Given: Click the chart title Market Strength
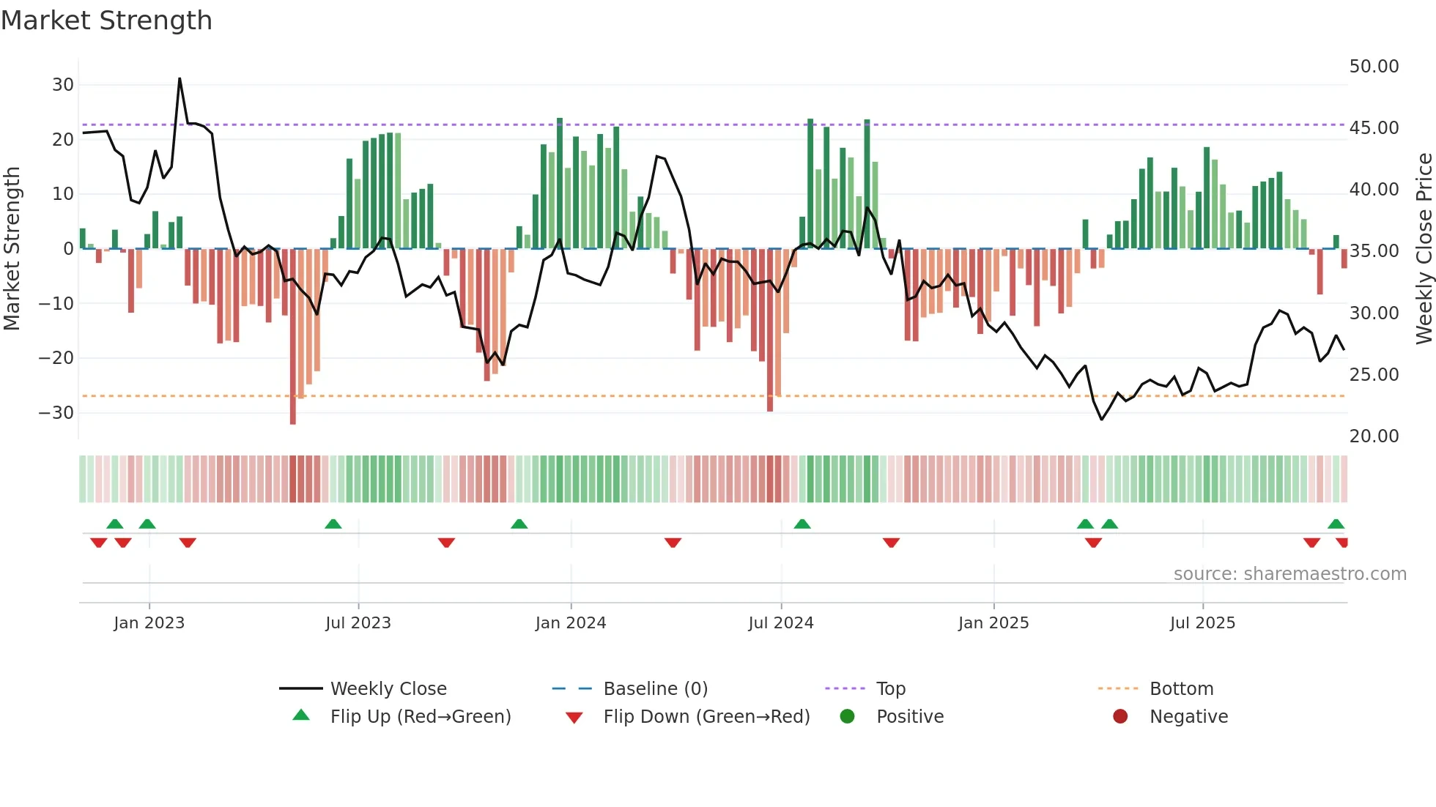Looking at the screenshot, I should pyautogui.click(x=106, y=21).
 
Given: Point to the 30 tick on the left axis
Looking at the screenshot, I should pyautogui.click(x=63, y=85).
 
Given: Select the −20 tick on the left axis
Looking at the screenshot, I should pyautogui.click(x=56, y=358).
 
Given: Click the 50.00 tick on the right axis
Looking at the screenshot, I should pyautogui.click(x=1374, y=67).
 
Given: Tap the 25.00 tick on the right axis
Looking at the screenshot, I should pyautogui.click(x=1374, y=375).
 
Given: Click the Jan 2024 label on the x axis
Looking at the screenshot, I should pyautogui.click(x=571, y=623).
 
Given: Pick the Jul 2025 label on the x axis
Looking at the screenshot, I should pyautogui.click(x=1202, y=623).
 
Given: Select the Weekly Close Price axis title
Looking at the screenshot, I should pyautogui.click(x=1424, y=249).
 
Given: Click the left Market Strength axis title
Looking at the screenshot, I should pyautogui.click(x=12, y=249).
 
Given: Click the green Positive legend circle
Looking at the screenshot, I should pyautogui.click(x=848, y=717).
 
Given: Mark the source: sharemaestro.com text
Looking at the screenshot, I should pyautogui.click(x=1289, y=574).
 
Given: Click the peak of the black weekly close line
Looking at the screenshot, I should pyautogui.click(x=179, y=79).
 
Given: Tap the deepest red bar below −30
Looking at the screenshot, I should pyautogui.click(x=293, y=417).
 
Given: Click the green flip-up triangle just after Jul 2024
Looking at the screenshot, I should pyautogui.click(x=802, y=524).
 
